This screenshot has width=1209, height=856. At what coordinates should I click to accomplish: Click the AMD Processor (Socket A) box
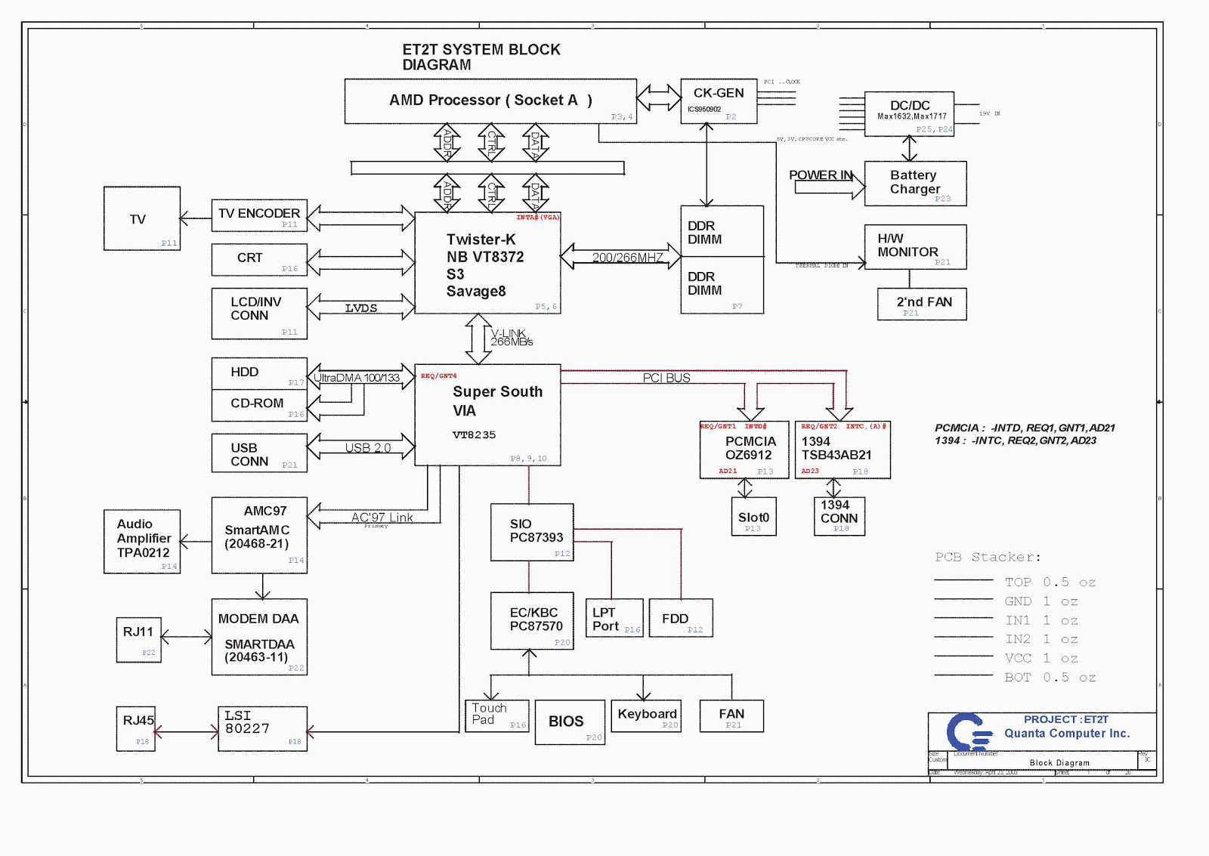click(x=490, y=100)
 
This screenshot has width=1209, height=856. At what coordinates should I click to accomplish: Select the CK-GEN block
click(x=718, y=100)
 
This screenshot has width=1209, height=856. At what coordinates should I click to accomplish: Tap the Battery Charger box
click(x=915, y=183)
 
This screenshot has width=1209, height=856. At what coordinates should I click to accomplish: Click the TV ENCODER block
click(x=259, y=215)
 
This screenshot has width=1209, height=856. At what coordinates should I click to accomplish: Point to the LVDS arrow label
click(x=360, y=308)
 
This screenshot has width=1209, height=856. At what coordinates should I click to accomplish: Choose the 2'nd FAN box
click(x=922, y=304)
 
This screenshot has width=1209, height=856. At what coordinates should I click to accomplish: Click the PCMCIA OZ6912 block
click(x=744, y=450)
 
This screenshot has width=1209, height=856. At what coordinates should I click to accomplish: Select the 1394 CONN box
click(x=839, y=516)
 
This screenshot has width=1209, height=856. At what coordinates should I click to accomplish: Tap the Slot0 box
click(x=753, y=517)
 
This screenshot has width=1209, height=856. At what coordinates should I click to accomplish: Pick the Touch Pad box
click(x=496, y=715)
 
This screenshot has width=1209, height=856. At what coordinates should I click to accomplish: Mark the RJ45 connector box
click(x=136, y=728)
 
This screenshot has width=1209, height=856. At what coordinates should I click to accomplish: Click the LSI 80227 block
click(x=262, y=728)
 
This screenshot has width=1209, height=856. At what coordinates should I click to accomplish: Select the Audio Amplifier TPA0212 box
click(x=142, y=541)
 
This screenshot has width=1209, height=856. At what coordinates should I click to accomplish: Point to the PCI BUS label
click(x=666, y=378)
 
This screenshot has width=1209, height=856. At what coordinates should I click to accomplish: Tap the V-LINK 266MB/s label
click(x=511, y=338)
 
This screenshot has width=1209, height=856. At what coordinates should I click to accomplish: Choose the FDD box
click(x=680, y=618)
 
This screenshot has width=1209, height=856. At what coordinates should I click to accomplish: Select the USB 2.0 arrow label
click(x=367, y=448)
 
